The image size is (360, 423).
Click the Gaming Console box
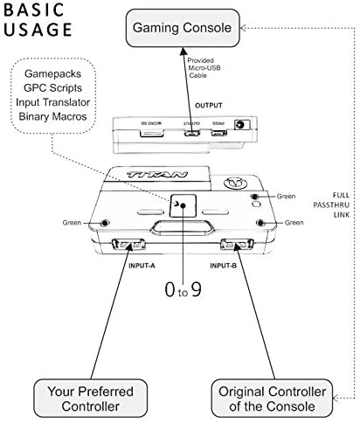(x=183, y=28)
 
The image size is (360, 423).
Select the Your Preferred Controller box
(x=91, y=399)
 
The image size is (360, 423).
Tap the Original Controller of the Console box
(x=272, y=399)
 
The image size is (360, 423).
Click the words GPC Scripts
(x=52, y=88)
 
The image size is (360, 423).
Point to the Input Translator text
(x=52, y=102)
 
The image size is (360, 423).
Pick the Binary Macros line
(x=52, y=116)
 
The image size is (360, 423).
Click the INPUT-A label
(x=142, y=266)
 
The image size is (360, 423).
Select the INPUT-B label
(x=223, y=266)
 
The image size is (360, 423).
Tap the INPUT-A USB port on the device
(x=128, y=245)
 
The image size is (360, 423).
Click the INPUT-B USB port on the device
(x=237, y=245)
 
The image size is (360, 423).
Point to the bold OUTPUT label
(x=209, y=106)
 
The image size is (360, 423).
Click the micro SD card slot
(x=152, y=133)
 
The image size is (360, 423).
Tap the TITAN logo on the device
(x=157, y=175)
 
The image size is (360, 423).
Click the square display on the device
(x=183, y=205)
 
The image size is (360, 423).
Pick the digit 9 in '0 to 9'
(x=197, y=289)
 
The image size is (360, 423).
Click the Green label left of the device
(x=72, y=223)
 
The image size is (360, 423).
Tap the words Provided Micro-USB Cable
(x=204, y=68)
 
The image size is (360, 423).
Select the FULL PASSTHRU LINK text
(x=331, y=205)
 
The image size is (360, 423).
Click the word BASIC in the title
(x=33, y=10)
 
